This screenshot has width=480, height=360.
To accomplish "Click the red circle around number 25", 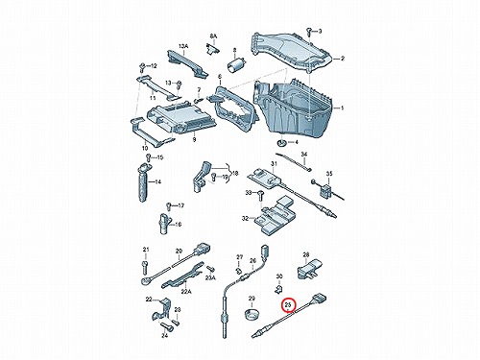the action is point(289,305).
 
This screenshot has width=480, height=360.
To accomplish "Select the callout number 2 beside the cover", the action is point(342,59).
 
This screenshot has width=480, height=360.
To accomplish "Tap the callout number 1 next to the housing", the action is point(342,108).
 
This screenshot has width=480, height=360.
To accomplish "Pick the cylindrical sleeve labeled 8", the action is point(236,64).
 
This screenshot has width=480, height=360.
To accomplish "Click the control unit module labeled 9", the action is point(178,117).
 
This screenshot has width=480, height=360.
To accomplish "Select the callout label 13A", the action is point(183,46).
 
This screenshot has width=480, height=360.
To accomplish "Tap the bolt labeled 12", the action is point(142,67).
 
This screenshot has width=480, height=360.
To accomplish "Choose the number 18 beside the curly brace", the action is point(235,174).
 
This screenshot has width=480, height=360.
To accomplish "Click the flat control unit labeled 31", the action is point(266,177).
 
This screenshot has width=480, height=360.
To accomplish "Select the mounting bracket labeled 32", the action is point(275,216).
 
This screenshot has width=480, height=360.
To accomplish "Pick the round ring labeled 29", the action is point(252,314).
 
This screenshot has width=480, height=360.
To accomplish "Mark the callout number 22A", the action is point(186,291).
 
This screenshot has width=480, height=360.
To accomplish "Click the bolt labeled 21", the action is point(145,266).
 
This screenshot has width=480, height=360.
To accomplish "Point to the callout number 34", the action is point(304,155).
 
